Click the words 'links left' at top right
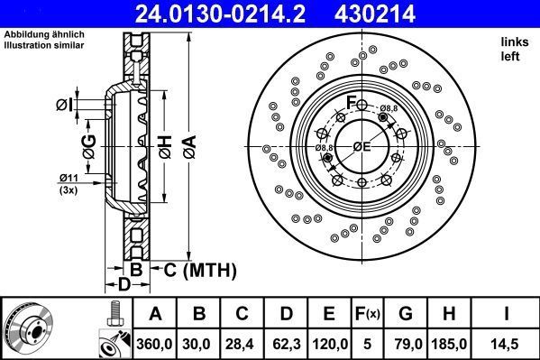click(x=514, y=49)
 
